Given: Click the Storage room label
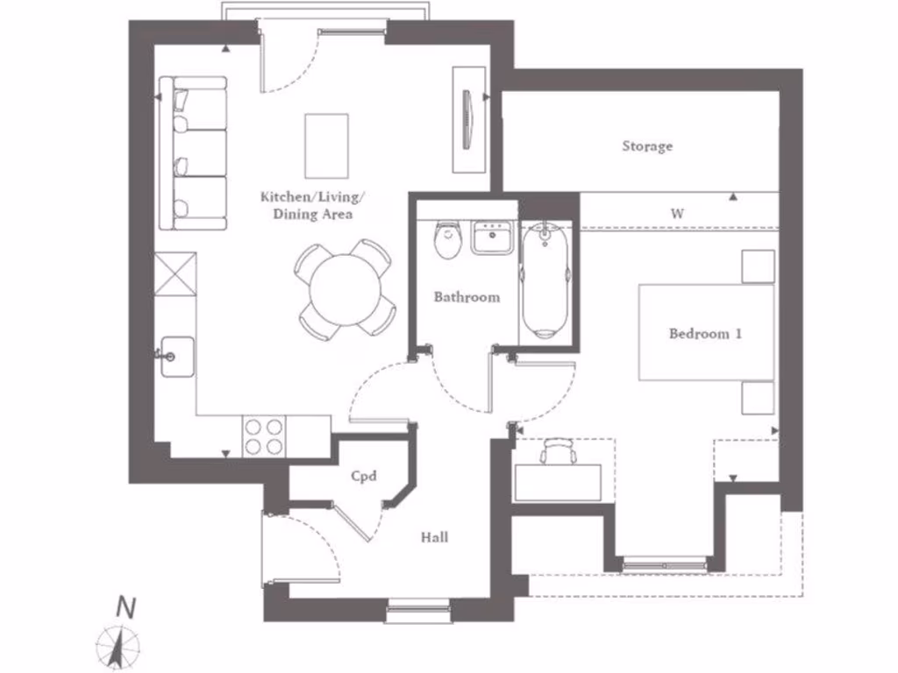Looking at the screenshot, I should tap(647, 146).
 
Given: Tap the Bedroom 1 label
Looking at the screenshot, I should tap(705, 334).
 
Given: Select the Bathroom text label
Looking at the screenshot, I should tap(467, 297).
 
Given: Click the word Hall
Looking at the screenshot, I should tap(435, 537).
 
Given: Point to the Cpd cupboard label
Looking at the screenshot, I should tap(363, 476).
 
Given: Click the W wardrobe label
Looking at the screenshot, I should tap(677, 213).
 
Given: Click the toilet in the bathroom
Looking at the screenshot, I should tap(448, 240).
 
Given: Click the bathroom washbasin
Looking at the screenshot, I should tap(492, 237).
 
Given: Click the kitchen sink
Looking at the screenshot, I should tap(176, 357).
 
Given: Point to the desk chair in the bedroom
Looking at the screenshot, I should tap(558, 451).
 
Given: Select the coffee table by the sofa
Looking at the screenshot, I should tap(326, 145).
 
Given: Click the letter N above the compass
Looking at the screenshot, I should tap(127, 606).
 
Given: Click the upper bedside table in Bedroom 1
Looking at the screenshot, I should tap(758, 266).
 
